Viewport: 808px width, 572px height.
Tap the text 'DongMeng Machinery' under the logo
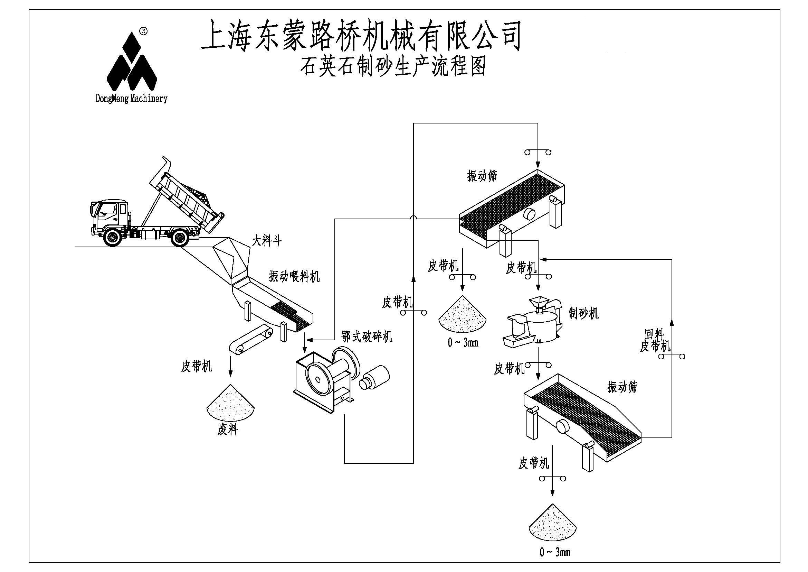(x=131, y=98)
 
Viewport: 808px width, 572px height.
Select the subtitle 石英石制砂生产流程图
(x=392, y=66)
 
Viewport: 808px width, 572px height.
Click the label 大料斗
(x=266, y=241)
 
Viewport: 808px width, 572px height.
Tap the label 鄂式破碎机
(x=367, y=337)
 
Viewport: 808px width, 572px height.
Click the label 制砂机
(x=583, y=312)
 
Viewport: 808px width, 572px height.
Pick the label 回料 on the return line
(x=654, y=333)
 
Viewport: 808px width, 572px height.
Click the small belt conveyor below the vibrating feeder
(x=250, y=339)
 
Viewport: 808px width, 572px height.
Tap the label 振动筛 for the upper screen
(x=482, y=176)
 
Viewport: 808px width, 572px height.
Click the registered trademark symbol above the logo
(x=143, y=31)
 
